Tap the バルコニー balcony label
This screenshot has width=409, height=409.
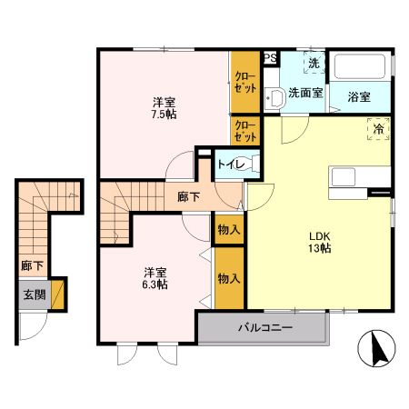(265, 327)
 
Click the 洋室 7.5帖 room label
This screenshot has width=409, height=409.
(164, 109)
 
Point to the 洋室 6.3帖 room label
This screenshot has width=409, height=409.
(155, 278)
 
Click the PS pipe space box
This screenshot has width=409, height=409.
(270, 57)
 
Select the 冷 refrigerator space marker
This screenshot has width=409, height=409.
(377, 131)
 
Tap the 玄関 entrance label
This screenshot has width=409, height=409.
(33, 295)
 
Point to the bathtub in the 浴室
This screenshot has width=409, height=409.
(362, 69)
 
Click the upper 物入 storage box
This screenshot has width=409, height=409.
(228, 231)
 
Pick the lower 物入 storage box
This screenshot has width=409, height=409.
(228, 278)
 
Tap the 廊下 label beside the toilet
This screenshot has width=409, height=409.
(189, 195)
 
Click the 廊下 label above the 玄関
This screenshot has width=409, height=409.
(31, 266)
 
